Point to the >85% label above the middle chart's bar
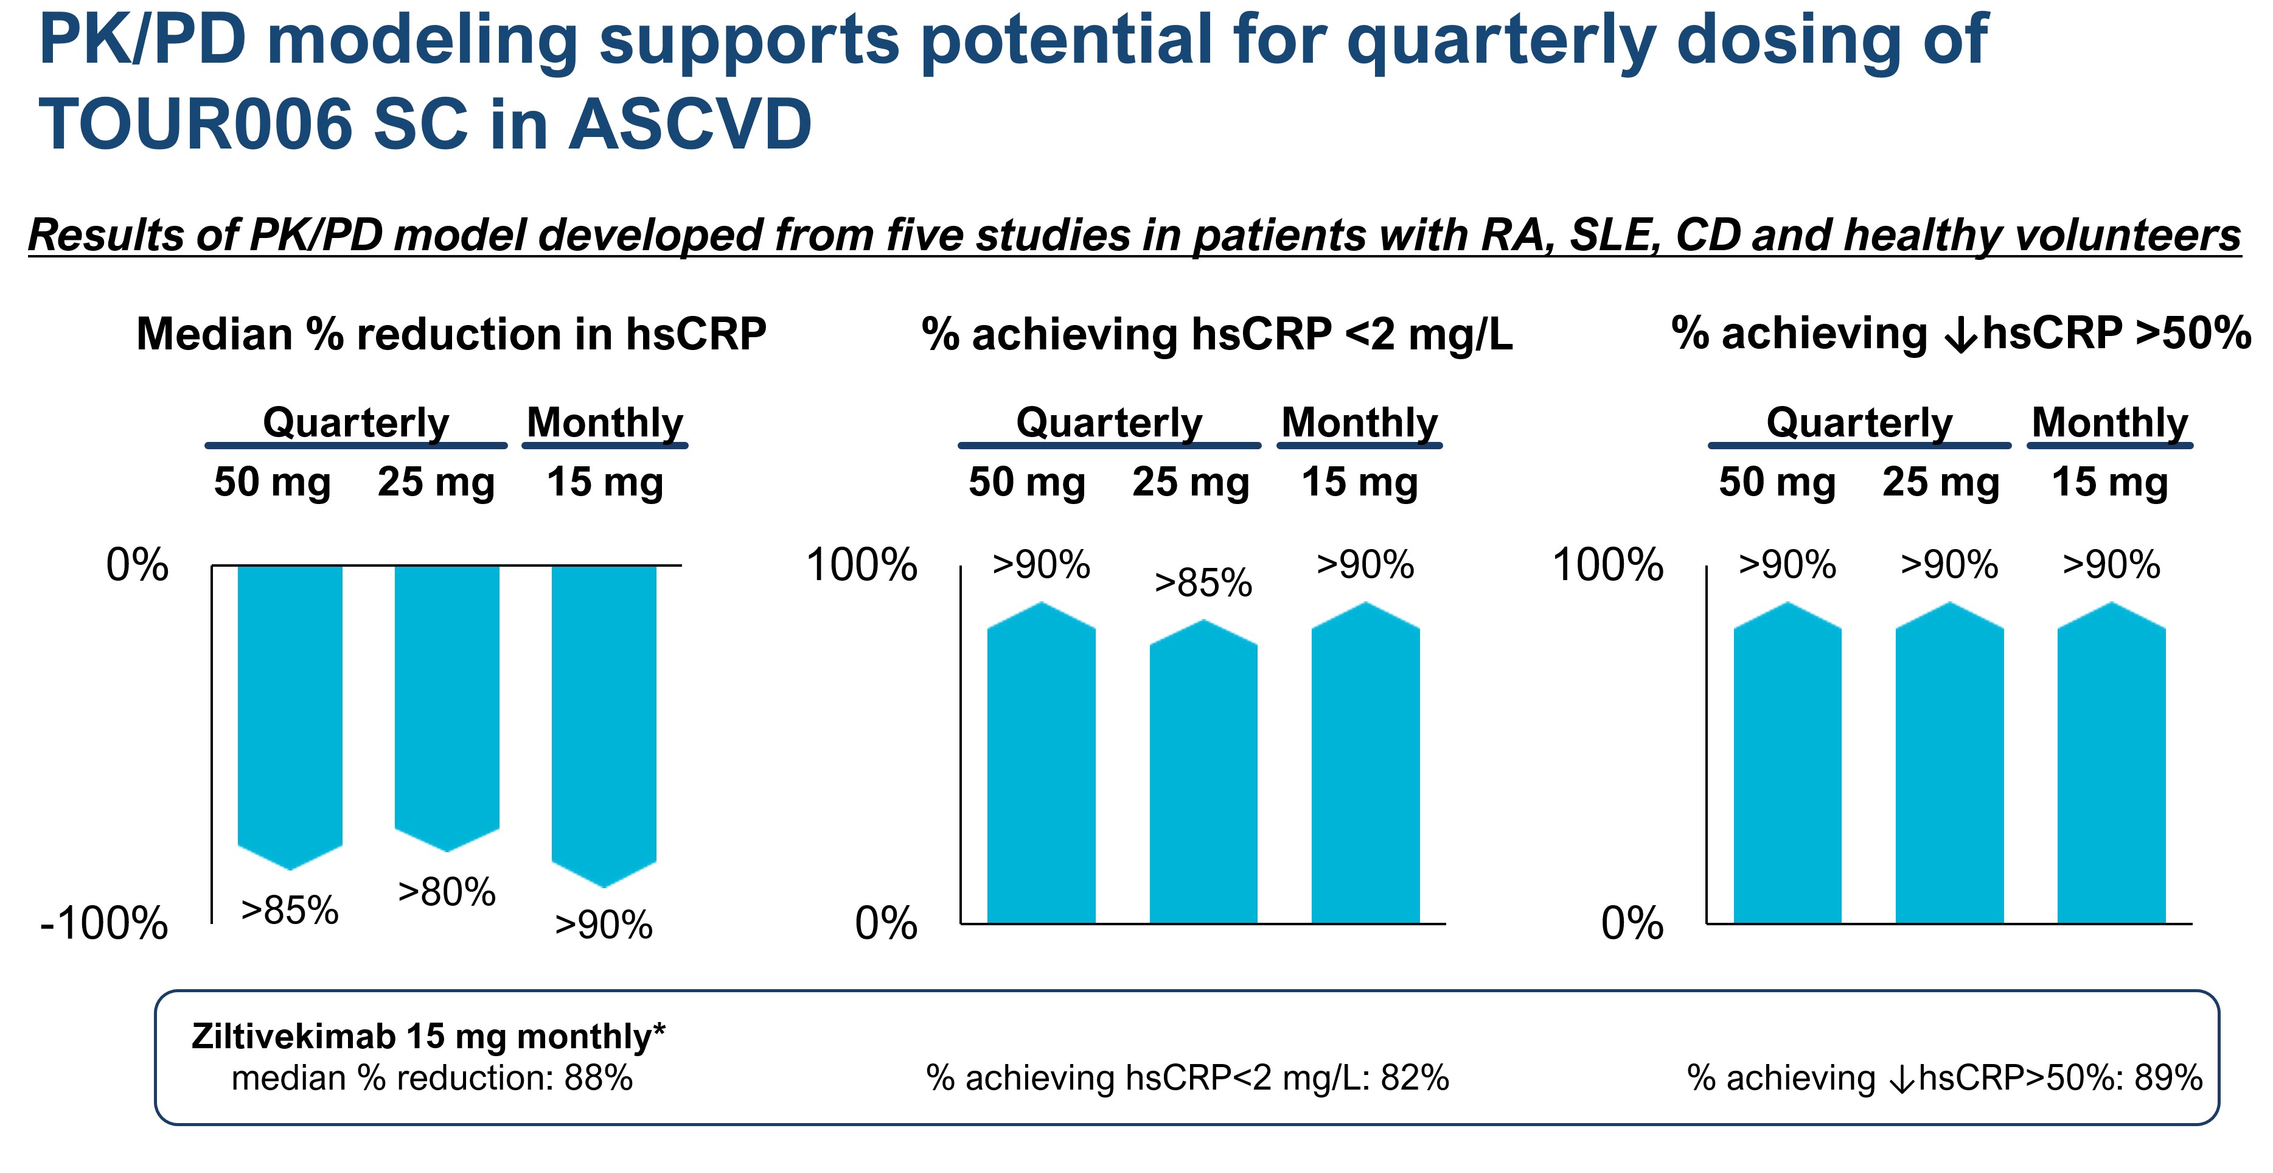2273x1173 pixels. click(x=1203, y=583)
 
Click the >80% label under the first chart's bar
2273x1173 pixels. click(x=447, y=892)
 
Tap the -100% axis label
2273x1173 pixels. click(x=104, y=924)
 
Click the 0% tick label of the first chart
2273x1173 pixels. click(x=137, y=565)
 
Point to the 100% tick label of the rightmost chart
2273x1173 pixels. click(x=1607, y=565)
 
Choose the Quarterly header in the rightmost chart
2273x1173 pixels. click(x=1859, y=423)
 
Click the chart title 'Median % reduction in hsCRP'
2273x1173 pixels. click(x=451, y=335)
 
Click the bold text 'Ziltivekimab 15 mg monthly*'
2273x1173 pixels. click(x=428, y=1035)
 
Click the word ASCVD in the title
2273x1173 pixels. click(x=690, y=124)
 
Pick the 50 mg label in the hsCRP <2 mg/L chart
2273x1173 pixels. click(x=1026, y=482)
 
